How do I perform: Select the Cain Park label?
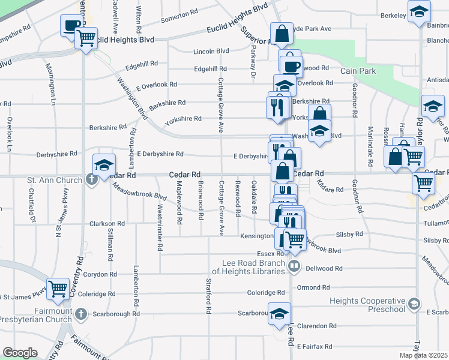coord(358,71)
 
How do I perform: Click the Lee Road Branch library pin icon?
coord(294,265)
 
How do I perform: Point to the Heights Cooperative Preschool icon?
coord(414,304)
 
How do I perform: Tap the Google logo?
coord(20,353)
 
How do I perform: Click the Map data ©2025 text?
coord(424,355)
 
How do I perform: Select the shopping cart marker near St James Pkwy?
coord(58,289)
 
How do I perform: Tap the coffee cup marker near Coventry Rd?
coord(71,25)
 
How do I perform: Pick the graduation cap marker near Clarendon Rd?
coord(279,313)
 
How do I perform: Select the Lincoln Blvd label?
coord(211,52)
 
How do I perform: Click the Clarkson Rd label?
coord(107,223)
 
